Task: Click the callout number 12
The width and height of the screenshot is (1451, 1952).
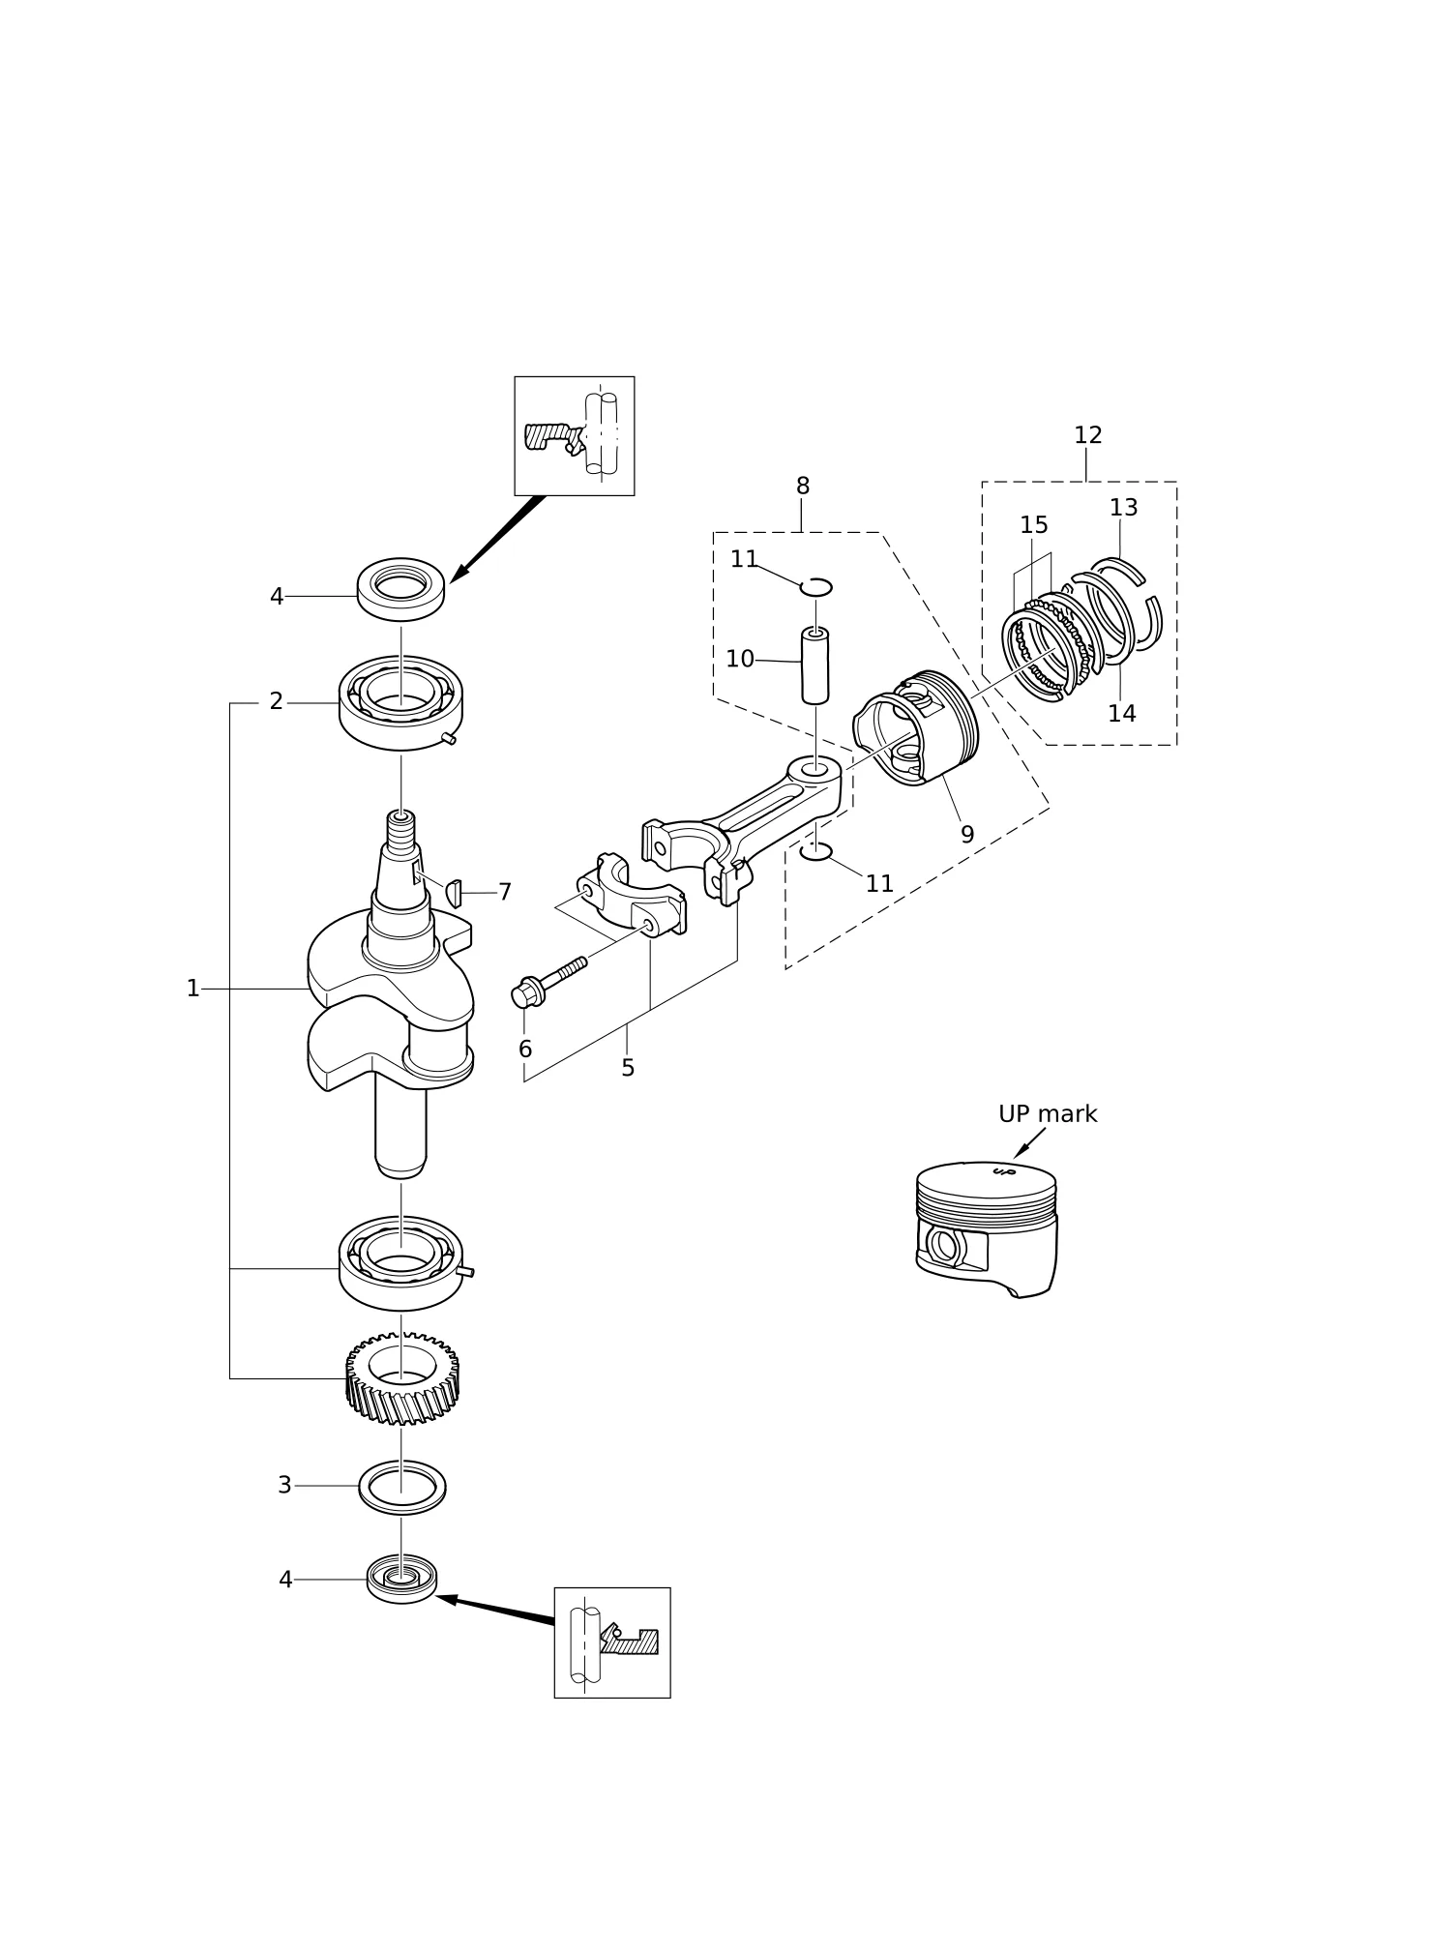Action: click(1087, 435)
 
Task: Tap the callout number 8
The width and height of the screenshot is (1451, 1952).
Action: click(802, 487)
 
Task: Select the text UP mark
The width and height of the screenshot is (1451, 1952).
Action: click(1048, 1114)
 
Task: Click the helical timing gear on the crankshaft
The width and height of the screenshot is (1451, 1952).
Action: click(401, 1379)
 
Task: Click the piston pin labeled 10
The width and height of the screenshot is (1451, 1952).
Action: click(814, 665)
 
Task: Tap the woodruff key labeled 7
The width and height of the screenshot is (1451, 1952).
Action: click(455, 890)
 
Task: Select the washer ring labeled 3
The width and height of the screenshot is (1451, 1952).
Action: click(402, 1487)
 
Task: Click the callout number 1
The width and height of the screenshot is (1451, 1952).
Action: click(192, 989)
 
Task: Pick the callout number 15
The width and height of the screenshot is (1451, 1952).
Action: click(1033, 525)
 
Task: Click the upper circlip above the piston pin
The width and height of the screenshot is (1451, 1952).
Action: click(815, 586)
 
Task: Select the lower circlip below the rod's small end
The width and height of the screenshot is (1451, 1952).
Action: click(815, 851)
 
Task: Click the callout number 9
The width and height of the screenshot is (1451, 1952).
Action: click(967, 835)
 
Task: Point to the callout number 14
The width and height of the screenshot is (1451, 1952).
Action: click(1121, 714)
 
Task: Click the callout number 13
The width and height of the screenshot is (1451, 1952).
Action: click(1123, 508)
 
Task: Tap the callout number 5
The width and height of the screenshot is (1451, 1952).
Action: click(628, 1069)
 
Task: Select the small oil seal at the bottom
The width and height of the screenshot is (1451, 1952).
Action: click(401, 1579)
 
